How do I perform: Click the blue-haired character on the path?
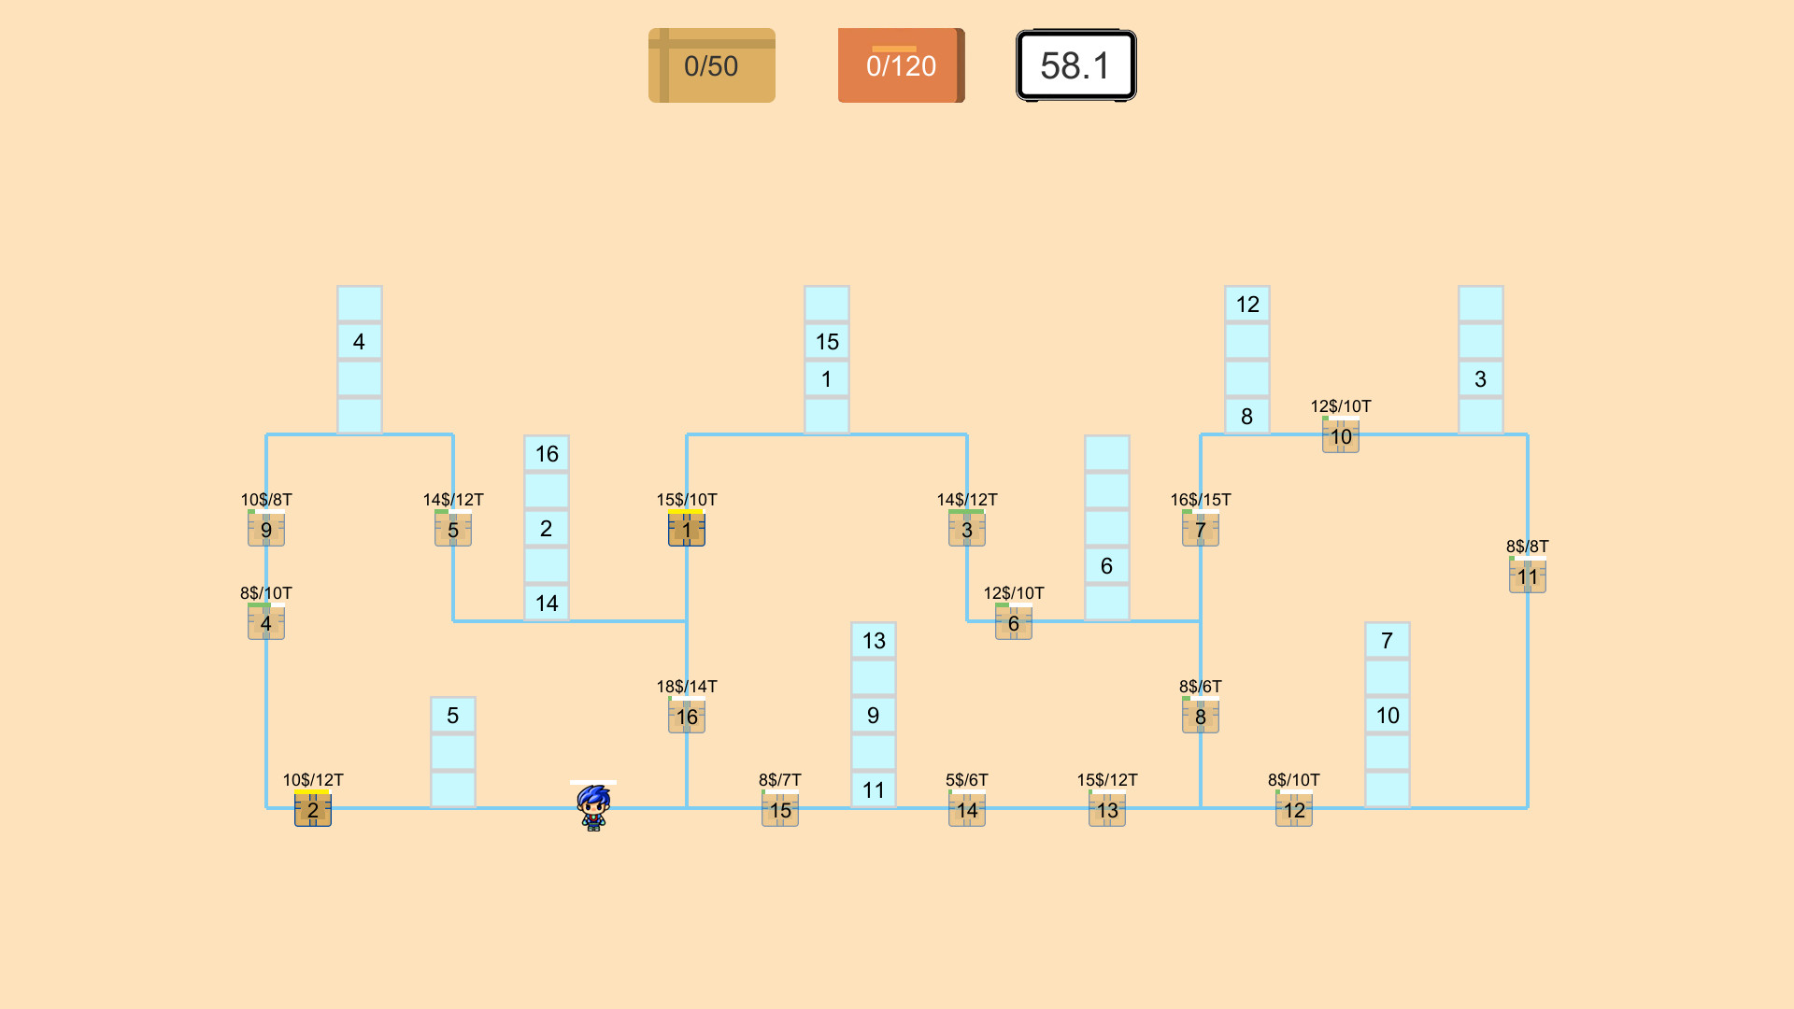pos(593,807)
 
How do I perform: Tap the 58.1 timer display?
pos(1075,65)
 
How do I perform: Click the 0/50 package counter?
pos(711,65)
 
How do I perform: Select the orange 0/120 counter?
pos(900,65)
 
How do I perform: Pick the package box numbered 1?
pos(687,530)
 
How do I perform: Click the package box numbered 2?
pos(313,809)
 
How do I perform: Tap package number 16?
pos(687,717)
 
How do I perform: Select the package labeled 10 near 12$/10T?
pos(1341,436)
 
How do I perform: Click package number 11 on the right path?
pos(1528,576)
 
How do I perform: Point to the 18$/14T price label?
pos(687,687)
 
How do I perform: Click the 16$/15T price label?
pos(1201,500)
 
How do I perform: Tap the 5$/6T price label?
pos(967,780)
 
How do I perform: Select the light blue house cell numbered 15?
pos(827,342)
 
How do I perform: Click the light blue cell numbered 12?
pos(1247,305)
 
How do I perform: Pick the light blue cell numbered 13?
pos(874,641)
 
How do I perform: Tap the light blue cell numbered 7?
pos(1388,641)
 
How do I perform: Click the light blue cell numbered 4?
pos(360,342)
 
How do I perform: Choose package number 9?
pos(266,530)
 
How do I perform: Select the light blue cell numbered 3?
pos(1481,379)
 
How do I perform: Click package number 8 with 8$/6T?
pos(1201,717)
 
